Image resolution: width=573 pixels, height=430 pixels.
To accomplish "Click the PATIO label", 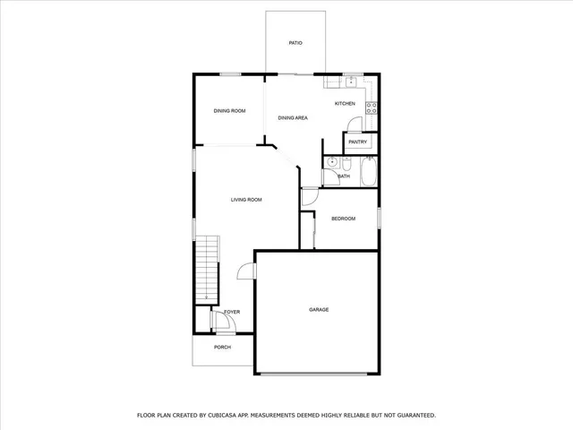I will pyautogui.click(x=295, y=42).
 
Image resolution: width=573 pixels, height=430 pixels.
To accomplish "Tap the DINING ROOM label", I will pyautogui.click(x=229, y=111).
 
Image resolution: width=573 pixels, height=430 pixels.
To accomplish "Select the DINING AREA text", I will pyautogui.click(x=293, y=117).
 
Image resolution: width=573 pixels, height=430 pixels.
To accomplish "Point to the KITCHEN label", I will pyautogui.click(x=345, y=104).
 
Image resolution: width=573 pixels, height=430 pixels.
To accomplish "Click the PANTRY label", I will pyautogui.click(x=358, y=142).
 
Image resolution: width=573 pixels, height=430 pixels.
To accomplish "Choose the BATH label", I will pyautogui.click(x=344, y=176).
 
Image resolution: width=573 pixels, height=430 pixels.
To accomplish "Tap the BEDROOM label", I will pyautogui.click(x=344, y=219).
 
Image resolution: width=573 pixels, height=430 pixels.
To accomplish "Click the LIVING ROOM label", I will pyautogui.click(x=246, y=199).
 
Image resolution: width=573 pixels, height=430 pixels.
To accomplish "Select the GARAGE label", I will pyautogui.click(x=319, y=310).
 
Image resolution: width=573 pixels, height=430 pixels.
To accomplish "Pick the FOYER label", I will pyautogui.click(x=232, y=312).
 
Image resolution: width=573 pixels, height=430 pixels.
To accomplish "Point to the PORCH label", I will pyautogui.click(x=222, y=347).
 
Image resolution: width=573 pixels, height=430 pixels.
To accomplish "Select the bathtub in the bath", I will pyautogui.click(x=368, y=173).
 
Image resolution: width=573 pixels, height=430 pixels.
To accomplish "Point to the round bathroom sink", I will pyautogui.click(x=330, y=163).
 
